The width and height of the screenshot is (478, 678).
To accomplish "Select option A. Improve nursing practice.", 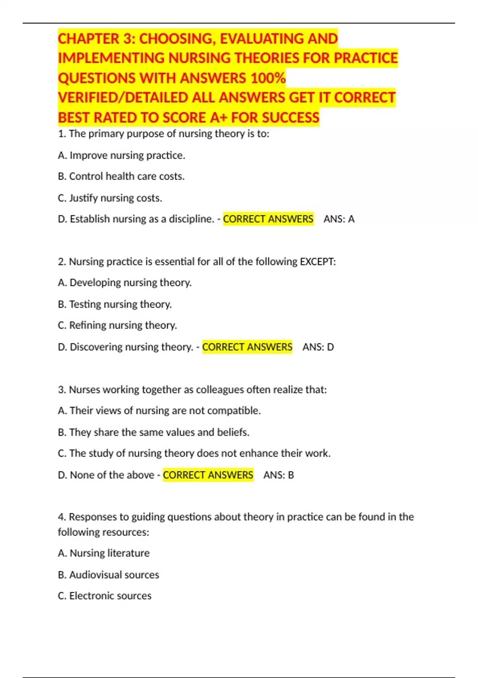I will pyautogui.click(x=121, y=155).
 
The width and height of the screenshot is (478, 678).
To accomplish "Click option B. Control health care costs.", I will pyautogui.click(x=121, y=176).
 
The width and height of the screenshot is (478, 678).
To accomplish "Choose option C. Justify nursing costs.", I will pyautogui.click(x=110, y=198).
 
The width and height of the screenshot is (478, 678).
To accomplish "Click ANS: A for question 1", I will pyautogui.click(x=339, y=219).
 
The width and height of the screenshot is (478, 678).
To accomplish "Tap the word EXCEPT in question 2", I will pyautogui.click(x=317, y=262).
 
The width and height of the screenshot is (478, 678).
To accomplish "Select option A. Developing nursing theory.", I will pyautogui.click(x=125, y=283).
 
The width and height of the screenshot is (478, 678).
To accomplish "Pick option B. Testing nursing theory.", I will pyautogui.click(x=115, y=304).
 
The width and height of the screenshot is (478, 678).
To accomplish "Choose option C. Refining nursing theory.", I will pyautogui.click(x=118, y=325).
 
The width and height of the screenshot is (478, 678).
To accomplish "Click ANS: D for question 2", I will pyautogui.click(x=318, y=347).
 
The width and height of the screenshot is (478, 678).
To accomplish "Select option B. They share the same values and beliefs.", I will pyautogui.click(x=154, y=432).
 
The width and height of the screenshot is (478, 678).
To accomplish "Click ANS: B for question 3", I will pyautogui.click(x=278, y=475).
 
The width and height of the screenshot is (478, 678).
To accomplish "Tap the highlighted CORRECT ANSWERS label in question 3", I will pyautogui.click(x=208, y=475).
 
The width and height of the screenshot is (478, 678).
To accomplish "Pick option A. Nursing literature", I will pyautogui.click(x=104, y=553).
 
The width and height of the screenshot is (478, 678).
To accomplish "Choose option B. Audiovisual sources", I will pyautogui.click(x=108, y=575).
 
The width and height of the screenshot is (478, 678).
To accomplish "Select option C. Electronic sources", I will pyautogui.click(x=105, y=596).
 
